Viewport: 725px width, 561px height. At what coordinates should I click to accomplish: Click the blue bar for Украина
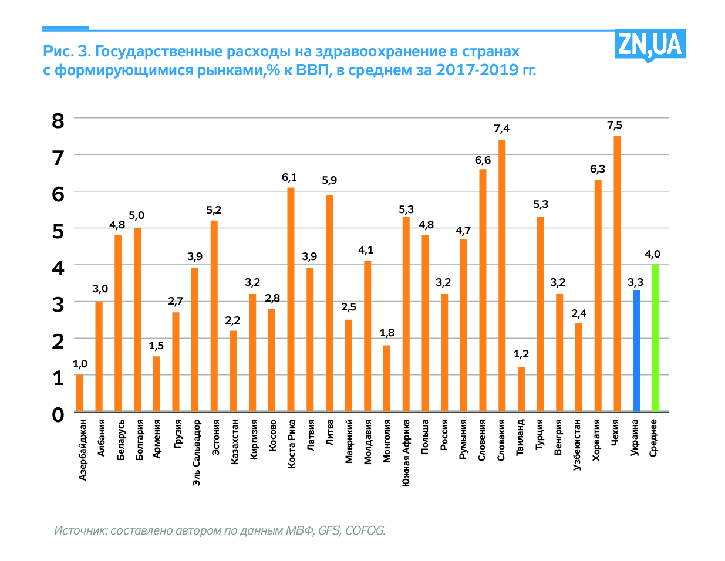pos(636,351)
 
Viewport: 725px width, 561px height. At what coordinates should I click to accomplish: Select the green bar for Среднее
pos(655,338)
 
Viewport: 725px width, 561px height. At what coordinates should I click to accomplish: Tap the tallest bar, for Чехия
pos(617,273)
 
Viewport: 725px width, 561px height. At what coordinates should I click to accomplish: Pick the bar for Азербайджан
pos(80,393)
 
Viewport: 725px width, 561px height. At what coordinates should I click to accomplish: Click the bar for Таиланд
pos(521,389)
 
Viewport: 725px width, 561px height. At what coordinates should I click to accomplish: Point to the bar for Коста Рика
pos(291,299)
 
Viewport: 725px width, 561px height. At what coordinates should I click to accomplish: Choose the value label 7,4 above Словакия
pos(501,129)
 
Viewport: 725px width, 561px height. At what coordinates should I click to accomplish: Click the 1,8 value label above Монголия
pos(387,333)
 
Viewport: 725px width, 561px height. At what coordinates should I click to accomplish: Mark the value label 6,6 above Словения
pos(483,160)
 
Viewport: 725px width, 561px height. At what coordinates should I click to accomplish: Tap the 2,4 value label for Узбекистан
pos(579,313)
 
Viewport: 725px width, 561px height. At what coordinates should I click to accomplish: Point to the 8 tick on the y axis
pos(58,121)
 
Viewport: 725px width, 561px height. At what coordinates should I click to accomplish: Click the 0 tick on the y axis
pos(58,414)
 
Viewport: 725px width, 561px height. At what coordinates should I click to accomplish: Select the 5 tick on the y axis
pos(58,231)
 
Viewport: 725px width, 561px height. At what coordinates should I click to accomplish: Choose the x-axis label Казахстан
pos(234,442)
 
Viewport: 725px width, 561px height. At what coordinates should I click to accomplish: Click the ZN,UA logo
pos(649,45)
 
